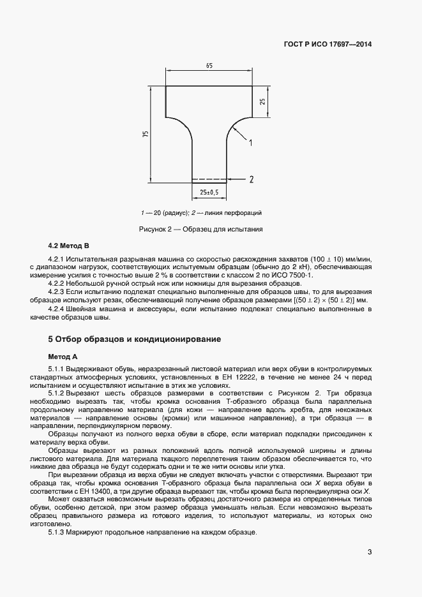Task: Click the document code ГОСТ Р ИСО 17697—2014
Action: tap(328, 45)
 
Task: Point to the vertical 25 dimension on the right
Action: tap(261, 102)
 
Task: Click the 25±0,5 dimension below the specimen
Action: tap(209, 192)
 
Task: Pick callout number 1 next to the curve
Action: tap(251, 142)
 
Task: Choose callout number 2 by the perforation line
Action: tap(252, 179)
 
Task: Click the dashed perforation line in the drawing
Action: tap(209, 179)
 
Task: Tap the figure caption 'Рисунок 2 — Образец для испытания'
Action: tap(201, 228)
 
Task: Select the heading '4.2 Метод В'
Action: tap(69, 246)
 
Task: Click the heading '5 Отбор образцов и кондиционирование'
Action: tap(135, 339)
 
